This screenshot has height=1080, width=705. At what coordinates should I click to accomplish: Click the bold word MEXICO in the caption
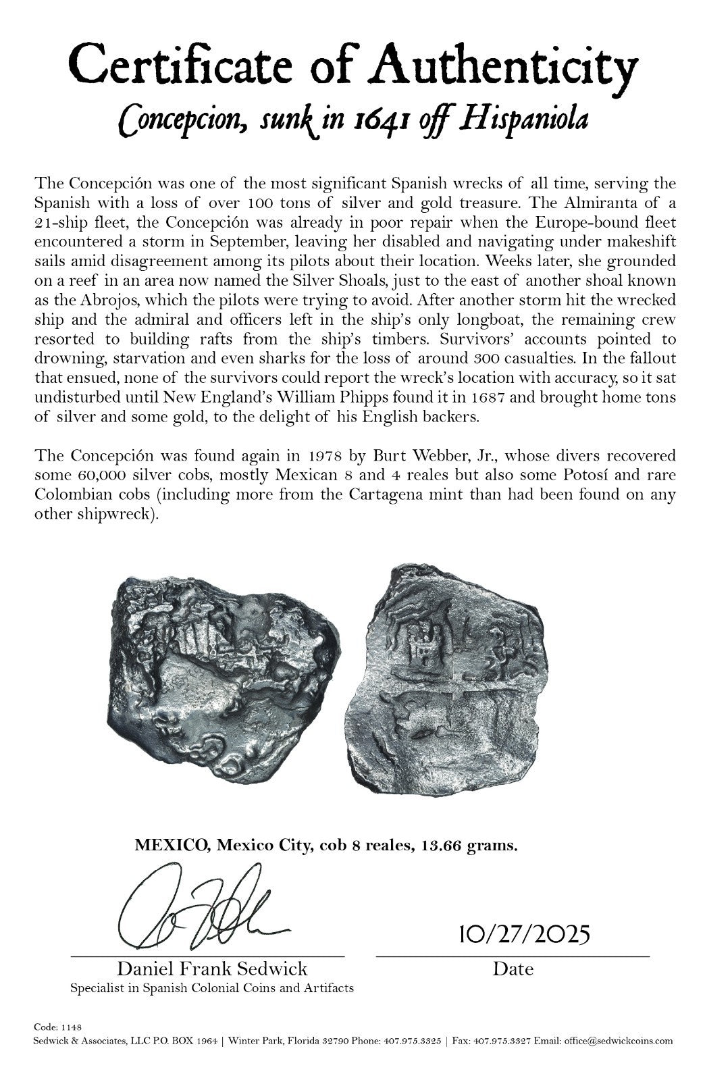pos(171,845)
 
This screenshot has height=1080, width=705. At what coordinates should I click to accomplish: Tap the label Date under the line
pos(513,969)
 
